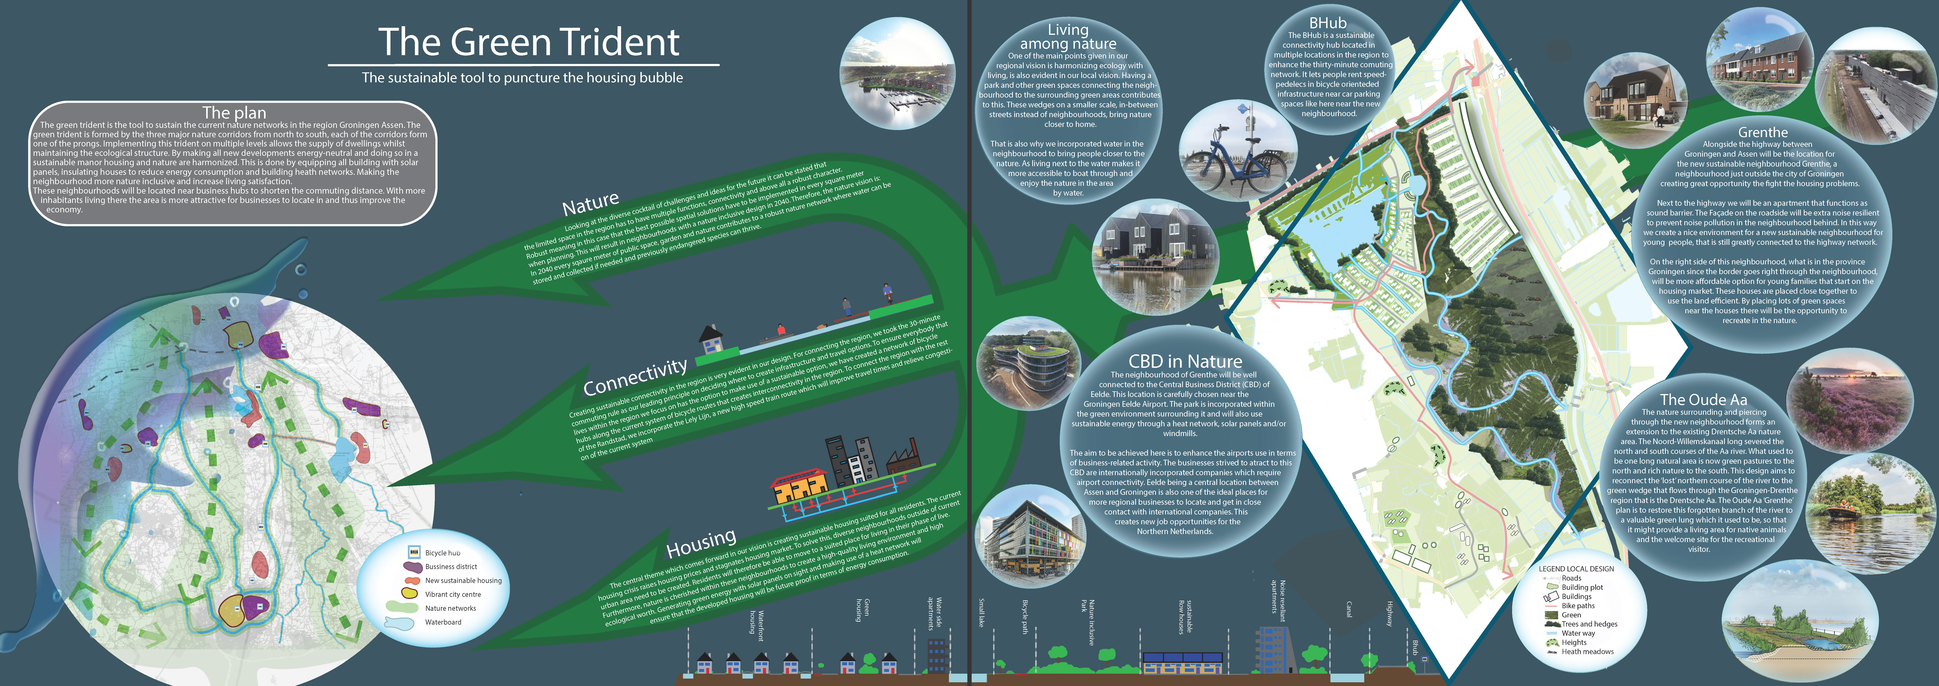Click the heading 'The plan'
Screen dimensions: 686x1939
click(234, 113)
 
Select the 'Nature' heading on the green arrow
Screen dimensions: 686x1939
click(591, 203)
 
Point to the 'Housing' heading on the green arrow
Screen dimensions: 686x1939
click(701, 542)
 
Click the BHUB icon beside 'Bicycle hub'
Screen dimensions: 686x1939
click(413, 553)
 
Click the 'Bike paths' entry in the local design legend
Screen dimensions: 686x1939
click(1578, 605)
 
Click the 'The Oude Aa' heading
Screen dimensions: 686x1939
click(1703, 400)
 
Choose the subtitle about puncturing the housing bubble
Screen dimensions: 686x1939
click(522, 78)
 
